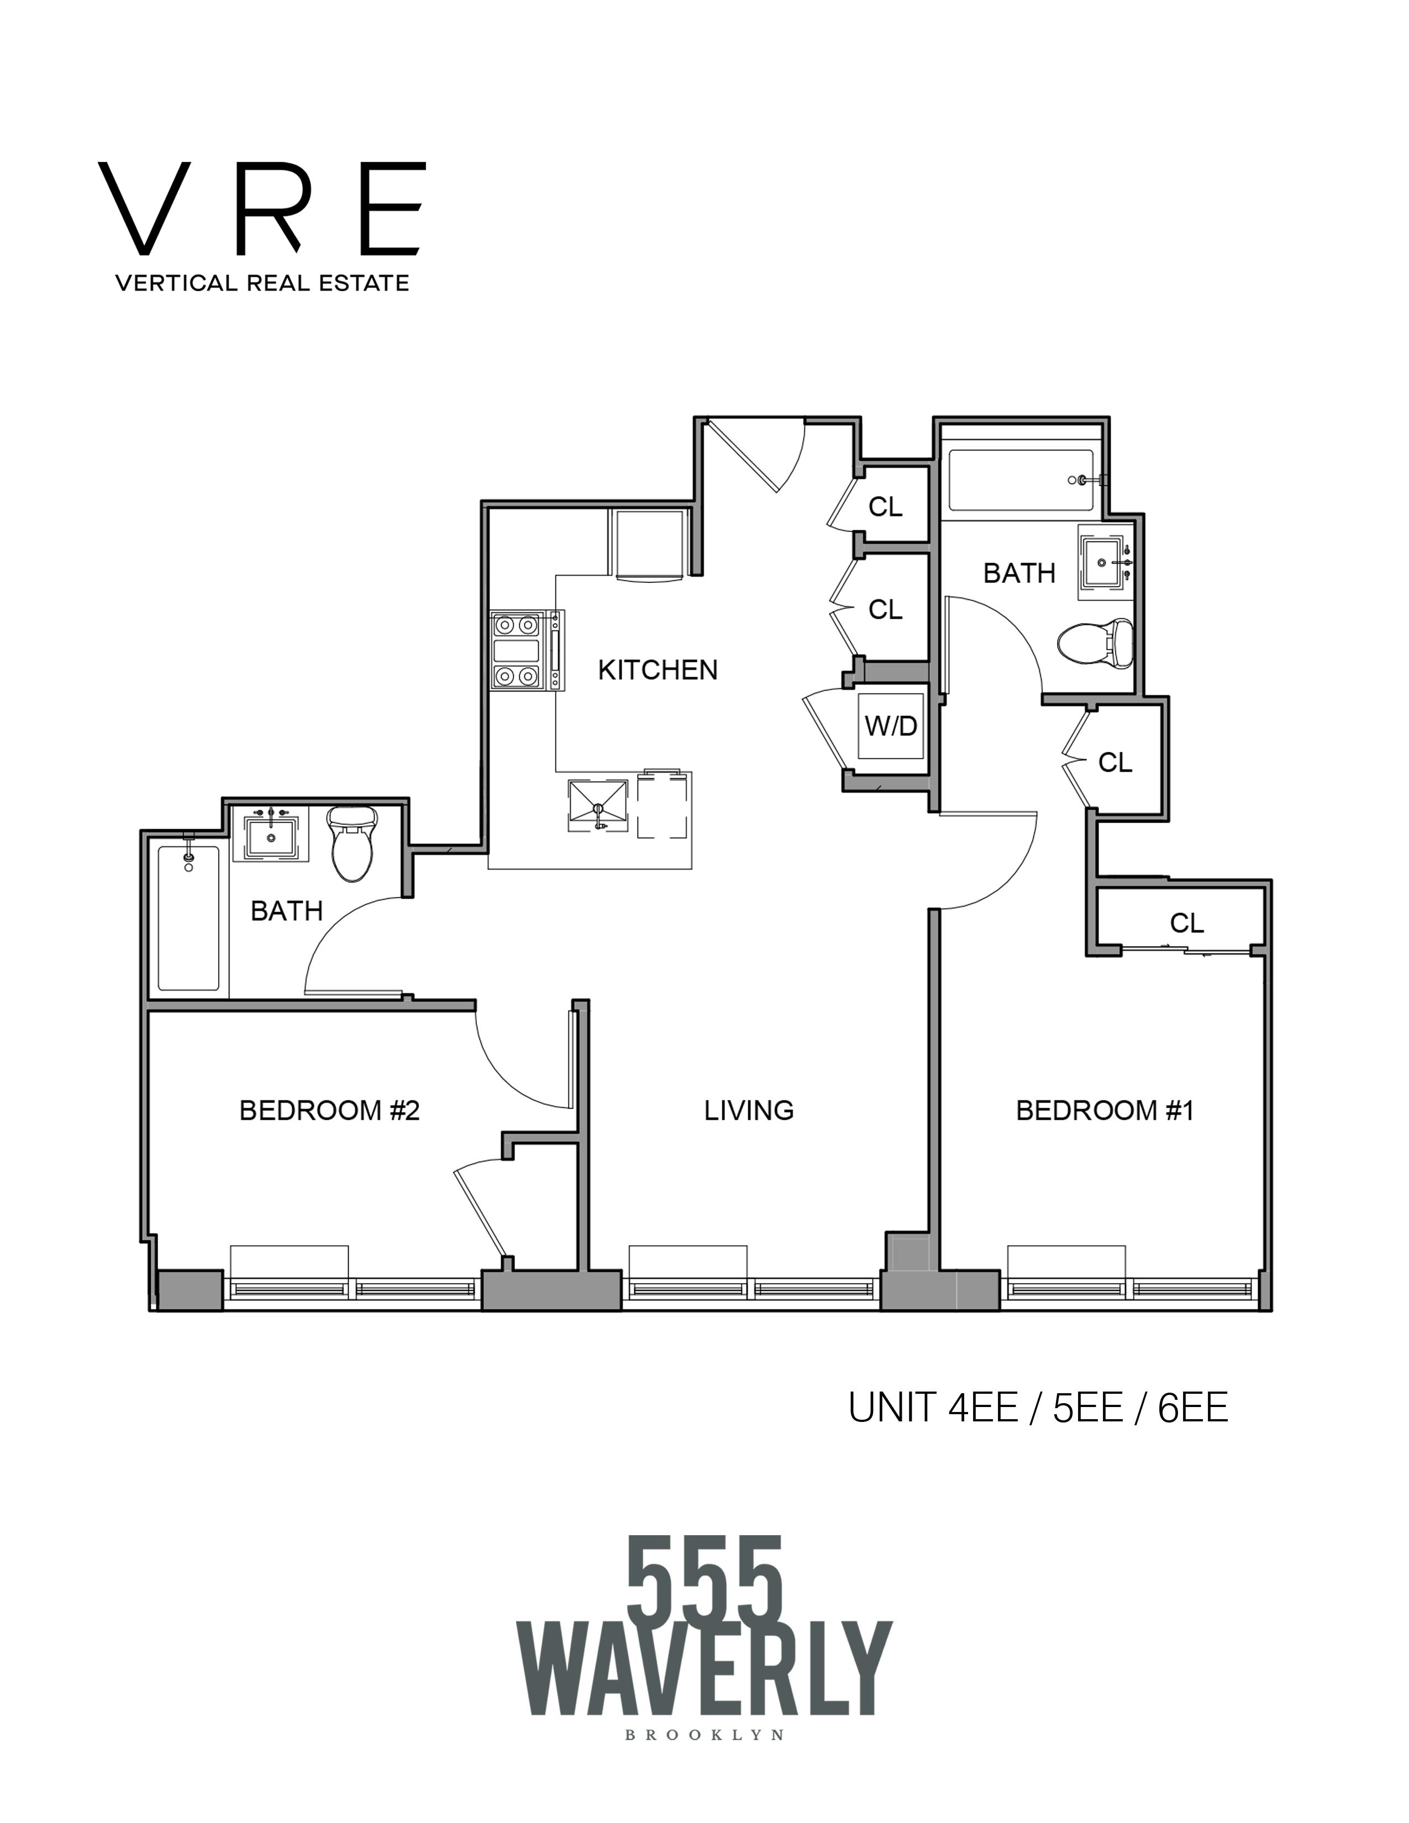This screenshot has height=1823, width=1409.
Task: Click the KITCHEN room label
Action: click(x=657, y=670)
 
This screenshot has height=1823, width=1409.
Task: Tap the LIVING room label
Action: click(x=749, y=1110)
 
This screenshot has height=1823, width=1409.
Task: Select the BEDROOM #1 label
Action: click(x=1105, y=1110)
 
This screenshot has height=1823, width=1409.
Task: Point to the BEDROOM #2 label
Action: click(x=329, y=1110)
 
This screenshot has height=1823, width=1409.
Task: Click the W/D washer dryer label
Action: click(x=891, y=726)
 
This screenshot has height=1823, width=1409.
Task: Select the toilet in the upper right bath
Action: click(x=1096, y=644)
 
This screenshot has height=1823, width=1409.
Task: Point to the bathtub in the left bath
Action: click(x=188, y=918)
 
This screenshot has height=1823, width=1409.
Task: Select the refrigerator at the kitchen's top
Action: click(x=649, y=542)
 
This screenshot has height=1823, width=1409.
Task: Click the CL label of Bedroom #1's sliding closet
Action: click(x=1186, y=923)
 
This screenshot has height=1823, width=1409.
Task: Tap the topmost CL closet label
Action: click(x=885, y=507)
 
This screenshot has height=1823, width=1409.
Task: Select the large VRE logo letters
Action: click(x=261, y=209)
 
